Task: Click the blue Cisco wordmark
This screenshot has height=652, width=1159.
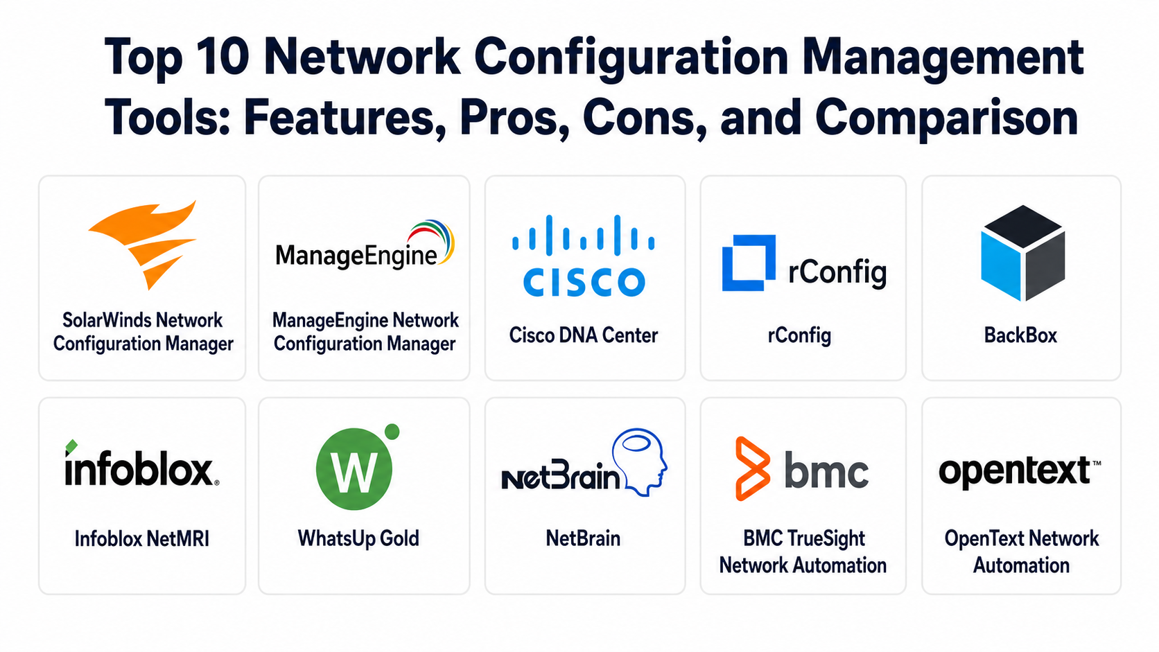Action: [584, 282]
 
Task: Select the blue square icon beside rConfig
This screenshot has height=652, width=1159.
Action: [749, 263]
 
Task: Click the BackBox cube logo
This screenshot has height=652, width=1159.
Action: [1023, 253]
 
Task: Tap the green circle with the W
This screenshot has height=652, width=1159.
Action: [354, 469]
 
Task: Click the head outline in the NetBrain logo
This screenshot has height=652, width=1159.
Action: [640, 462]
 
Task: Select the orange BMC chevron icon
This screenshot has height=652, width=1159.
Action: [753, 468]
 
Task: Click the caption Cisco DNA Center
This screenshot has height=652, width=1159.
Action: [584, 335]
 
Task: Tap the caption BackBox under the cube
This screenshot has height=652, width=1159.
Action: [1020, 335]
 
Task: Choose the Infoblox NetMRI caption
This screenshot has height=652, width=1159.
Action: [142, 539]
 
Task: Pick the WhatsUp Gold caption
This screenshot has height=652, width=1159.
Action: [358, 538]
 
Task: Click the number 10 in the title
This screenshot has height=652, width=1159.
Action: [223, 56]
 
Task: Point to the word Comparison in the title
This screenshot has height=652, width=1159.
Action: [946, 118]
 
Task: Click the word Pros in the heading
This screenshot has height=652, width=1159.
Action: [514, 118]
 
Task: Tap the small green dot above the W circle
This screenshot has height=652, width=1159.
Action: [392, 431]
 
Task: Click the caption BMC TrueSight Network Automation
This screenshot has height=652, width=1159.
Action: [803, 552]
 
